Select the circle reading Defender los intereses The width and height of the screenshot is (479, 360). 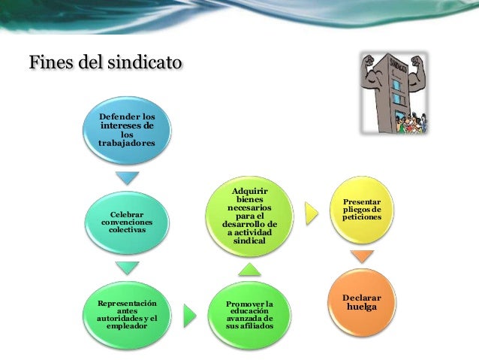point(128,131)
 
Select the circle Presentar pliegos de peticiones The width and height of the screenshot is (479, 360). point(362,210)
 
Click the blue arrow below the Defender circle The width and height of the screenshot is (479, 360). point(127,178)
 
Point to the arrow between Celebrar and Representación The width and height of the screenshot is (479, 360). point(127,268)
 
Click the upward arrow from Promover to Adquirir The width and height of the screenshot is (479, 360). point(249,268)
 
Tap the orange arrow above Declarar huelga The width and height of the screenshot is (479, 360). point(362,256)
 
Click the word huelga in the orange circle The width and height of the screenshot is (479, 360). point(362,307)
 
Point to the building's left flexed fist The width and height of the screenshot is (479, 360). point(369,63)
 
